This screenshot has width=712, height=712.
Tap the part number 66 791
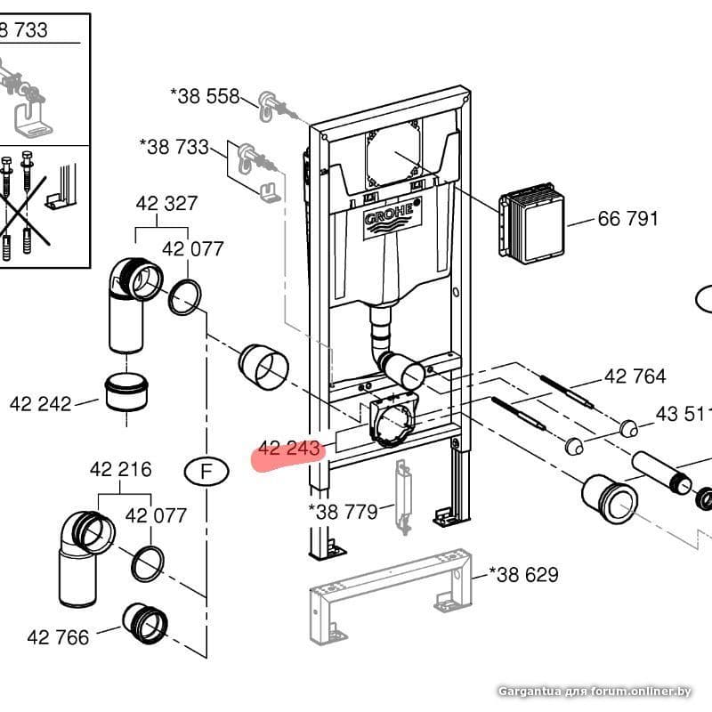point(628,219)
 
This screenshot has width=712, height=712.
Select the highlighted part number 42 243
point(288,449)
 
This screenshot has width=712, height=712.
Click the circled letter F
point(206,472)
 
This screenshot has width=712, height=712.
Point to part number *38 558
point(205,96)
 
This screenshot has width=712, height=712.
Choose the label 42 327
point(166,204)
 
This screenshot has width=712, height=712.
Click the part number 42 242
point(40,404)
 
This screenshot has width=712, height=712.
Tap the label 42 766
point(58,637)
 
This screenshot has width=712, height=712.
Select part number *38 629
point(523,574)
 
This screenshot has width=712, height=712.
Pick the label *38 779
point(343,512)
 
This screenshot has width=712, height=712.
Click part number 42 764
point(635,376)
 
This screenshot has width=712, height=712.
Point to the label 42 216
point(120,469)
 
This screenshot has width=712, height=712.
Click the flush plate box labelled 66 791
point(531,223)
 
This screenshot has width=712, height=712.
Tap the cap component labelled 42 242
point(126,392)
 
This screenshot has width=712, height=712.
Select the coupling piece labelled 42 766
point(145,624)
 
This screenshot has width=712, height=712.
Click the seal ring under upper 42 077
point(185,297)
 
